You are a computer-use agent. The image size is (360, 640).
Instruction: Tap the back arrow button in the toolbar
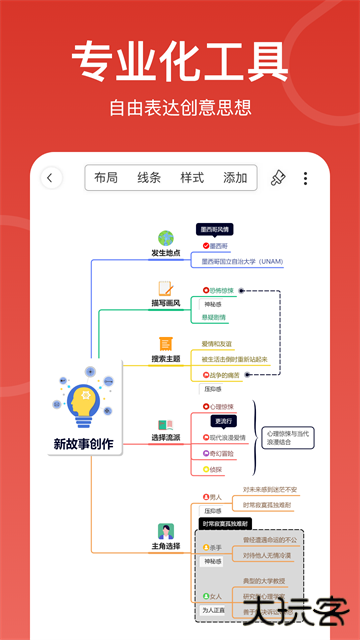[51, 178]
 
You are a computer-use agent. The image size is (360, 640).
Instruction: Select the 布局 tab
[106, 178]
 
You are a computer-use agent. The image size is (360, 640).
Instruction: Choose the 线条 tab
[149, 178]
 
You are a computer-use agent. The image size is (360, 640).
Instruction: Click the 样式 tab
[192, 178]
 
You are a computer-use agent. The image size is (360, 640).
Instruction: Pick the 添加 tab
[235, 178]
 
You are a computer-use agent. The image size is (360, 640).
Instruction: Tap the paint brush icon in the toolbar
[278, 178]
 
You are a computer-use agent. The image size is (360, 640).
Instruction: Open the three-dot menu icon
[305, 178]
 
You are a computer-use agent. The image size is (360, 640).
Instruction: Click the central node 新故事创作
[83, 443]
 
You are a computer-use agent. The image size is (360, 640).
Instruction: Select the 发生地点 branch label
[166, 253]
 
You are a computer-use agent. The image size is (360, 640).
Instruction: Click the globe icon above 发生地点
[166, 238]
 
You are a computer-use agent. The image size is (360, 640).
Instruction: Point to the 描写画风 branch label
[166, 303]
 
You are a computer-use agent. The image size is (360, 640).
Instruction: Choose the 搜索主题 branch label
[166, 358]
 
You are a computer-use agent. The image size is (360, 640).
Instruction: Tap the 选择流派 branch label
[166, 437]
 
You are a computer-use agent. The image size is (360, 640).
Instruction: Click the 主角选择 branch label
[166, 547]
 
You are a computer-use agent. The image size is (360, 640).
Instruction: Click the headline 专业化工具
[180, 62]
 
